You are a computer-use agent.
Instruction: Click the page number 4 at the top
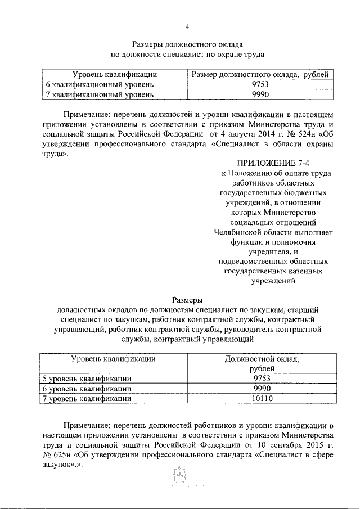(188, 26)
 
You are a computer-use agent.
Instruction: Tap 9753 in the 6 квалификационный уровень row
(260, 84)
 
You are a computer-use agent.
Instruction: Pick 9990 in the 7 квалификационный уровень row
(260, 94)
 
